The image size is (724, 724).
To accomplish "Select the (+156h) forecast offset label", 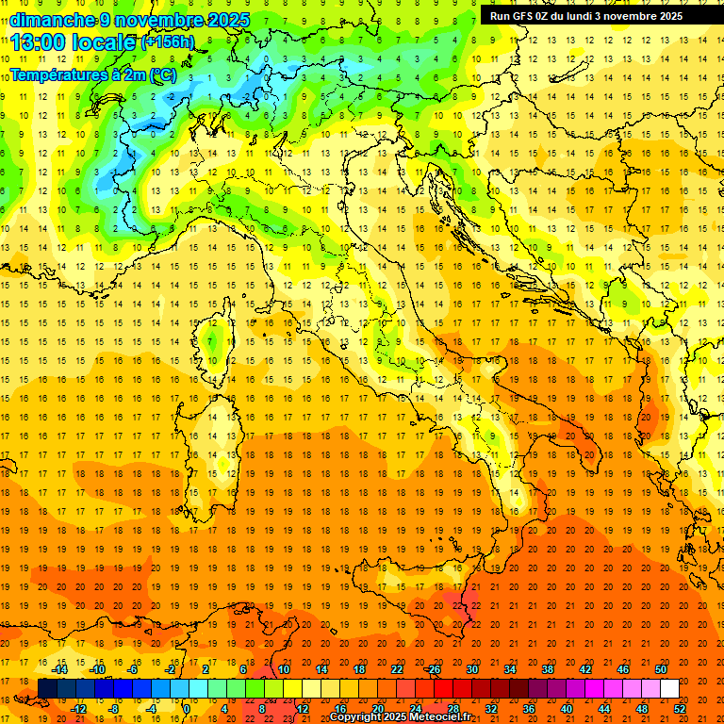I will tap(168, 42).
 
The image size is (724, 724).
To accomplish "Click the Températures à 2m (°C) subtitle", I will tap(91, 74).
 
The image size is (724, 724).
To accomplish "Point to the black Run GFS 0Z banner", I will tap(593, 15).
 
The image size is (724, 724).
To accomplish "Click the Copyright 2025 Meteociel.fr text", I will tap(400, 716).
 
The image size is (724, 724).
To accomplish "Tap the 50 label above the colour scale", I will tap(660, 669).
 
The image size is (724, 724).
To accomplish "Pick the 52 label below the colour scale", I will tap(680, 708).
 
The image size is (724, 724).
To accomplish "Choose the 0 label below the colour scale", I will tap(186, 708).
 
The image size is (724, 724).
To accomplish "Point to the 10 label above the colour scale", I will tap(283, 669).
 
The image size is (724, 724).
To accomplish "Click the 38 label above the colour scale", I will tap(547, 669).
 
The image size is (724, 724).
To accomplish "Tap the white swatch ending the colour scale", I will tap(670, 688).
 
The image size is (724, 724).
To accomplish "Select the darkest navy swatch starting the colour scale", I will tap(47, 688).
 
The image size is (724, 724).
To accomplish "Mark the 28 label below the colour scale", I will tap(452, 708).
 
